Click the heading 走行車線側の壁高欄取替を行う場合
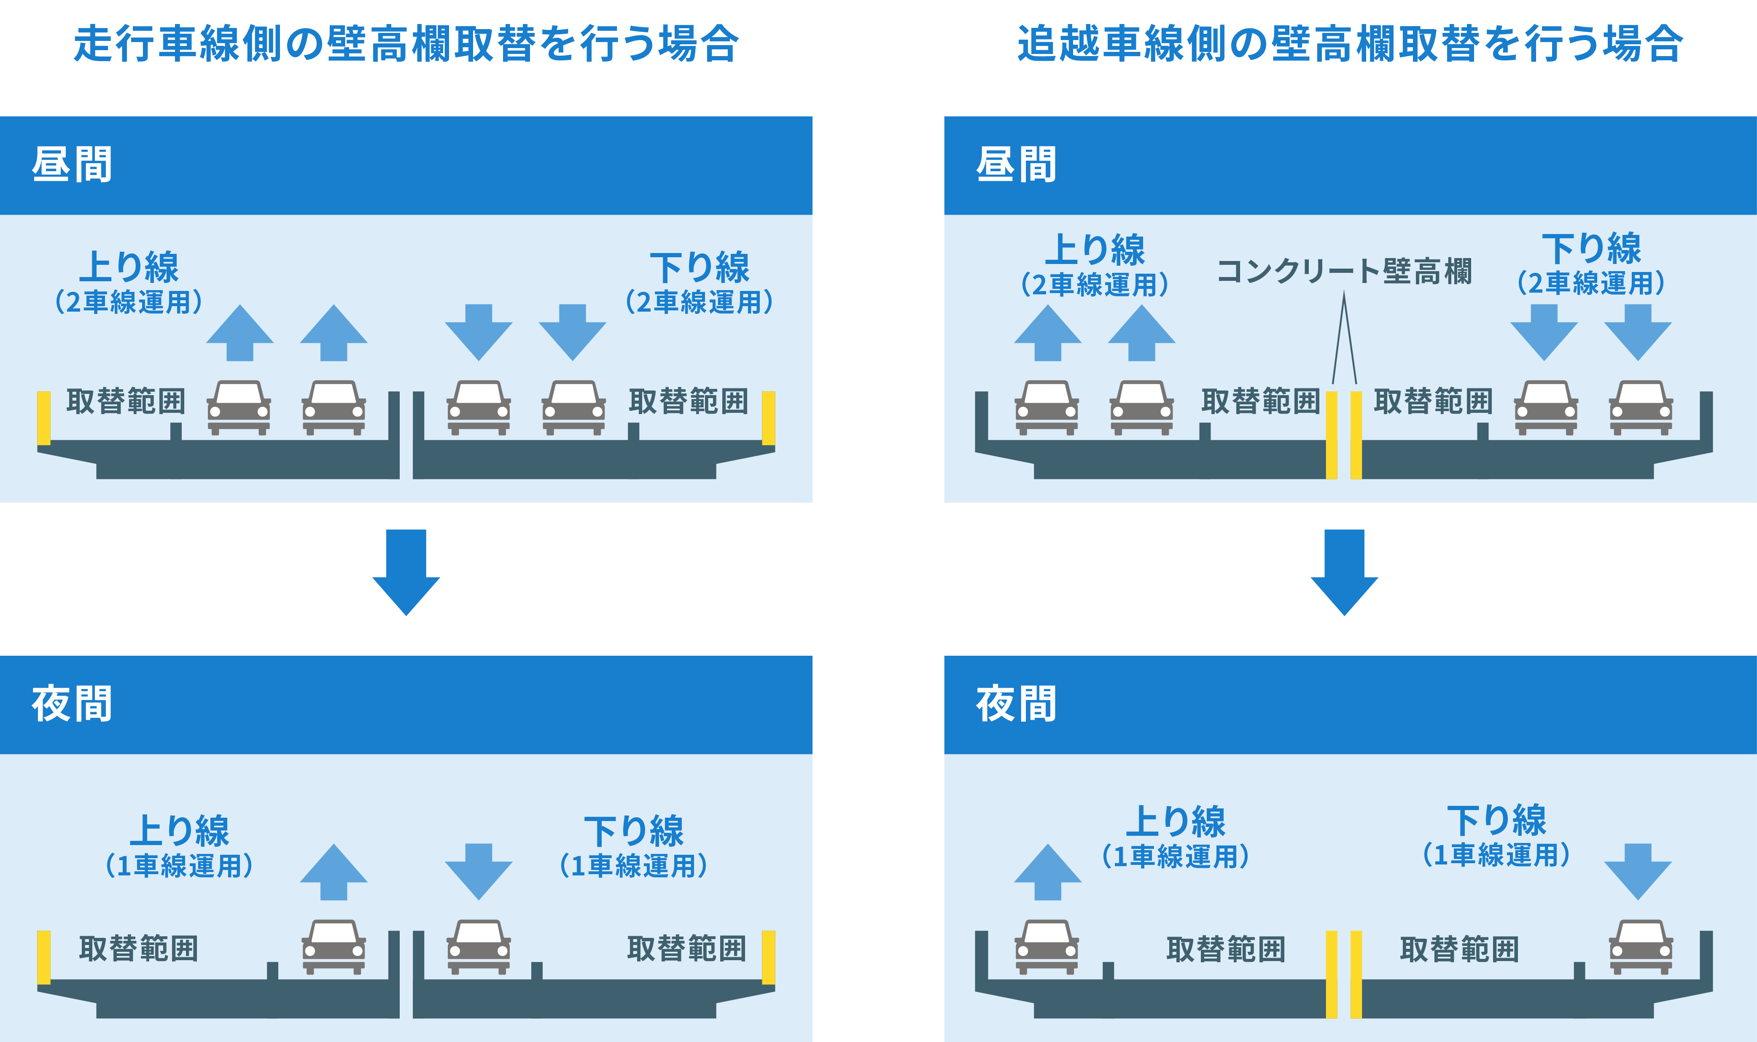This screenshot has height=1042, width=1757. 406,43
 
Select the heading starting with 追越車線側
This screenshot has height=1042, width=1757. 1350,43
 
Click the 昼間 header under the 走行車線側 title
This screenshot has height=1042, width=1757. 72,165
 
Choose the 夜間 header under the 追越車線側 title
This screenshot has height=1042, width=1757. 1016,704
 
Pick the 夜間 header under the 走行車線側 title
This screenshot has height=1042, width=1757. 72,704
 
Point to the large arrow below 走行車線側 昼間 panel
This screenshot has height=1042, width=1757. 406,572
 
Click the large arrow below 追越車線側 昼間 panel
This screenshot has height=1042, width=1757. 1344,572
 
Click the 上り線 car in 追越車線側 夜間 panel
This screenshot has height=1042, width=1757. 1047,947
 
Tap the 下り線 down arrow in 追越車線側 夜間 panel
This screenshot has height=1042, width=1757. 1638,871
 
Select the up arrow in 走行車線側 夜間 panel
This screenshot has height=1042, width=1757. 334,871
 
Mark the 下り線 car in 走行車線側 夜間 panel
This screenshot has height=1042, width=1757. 479,947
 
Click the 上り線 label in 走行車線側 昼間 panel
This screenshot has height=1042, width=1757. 129,267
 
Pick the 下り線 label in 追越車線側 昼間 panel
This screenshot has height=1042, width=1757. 1591,248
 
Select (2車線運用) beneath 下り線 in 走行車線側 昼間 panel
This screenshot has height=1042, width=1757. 699,302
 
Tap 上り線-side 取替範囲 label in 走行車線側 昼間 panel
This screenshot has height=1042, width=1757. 126,401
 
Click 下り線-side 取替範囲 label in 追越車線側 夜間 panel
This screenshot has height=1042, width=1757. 1459,949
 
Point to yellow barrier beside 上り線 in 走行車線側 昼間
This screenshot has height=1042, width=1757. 43,418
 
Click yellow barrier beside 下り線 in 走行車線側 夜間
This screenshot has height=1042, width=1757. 769,957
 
